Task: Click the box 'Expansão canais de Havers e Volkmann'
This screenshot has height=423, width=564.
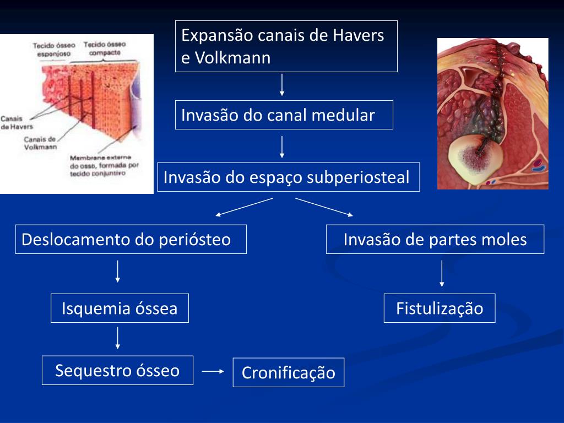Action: pyautogui.click(x=286, y=46)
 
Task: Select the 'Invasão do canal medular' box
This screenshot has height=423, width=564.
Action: pyautogui.click(x=284, y=115)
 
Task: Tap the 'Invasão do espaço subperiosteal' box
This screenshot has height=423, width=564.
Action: pyautogui.click(x=288, y=177)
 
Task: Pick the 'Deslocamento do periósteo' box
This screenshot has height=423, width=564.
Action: pyautogui.click(x=131, y=239)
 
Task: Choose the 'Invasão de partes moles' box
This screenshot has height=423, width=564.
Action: pyautogui.click(x=435, y=239)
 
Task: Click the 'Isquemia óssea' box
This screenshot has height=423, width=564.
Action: pyautogui.click(x=120, y=308)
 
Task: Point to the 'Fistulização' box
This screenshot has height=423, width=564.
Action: pyautogui.click(x=439, y=308)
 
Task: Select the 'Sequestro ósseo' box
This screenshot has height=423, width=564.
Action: pyautogui.click(x=117, y=370)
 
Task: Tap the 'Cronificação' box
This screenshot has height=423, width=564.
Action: pyautogui.click(x=288, y=372)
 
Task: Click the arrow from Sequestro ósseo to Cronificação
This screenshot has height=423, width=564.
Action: pyautogui.click(x=213, y=371)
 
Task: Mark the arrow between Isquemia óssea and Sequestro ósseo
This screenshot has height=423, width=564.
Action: pyautogui.click(x=118, y=338)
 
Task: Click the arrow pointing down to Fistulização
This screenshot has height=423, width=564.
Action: pyautogui.click(x=442, y=274)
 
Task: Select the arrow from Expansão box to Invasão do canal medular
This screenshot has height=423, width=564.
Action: pyautogui.click(x=282, y=85)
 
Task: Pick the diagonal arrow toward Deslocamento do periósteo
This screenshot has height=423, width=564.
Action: pyautogui.click(x=243, y=207)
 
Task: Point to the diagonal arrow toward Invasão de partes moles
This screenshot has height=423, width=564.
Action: pyautogui.click(x=325, y=207)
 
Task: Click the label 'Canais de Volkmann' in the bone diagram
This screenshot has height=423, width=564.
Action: pyautogui.click(x=40, y=143)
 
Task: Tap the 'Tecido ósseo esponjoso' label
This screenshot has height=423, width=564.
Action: pyautogui.click(x=49, y=50)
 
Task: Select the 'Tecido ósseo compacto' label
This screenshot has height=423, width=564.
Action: pyautogui.click(x=105, y=48)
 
